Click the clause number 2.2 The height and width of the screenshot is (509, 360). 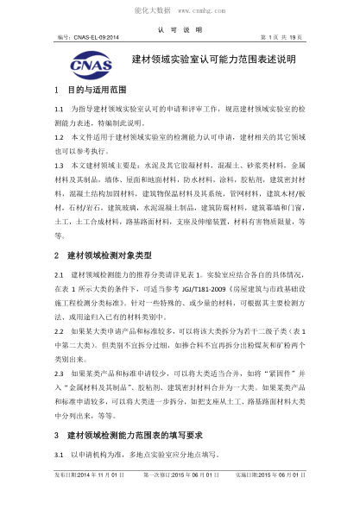tap(59, 330)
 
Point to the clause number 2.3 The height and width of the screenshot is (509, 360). tap(59, 372)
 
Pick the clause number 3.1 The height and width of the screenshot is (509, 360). tap(59, 455)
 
